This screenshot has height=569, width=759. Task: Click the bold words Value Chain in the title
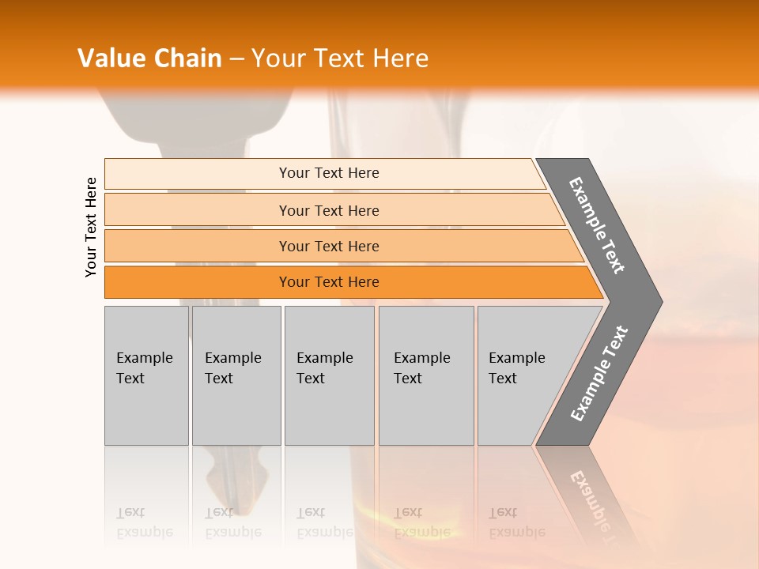pyautogui.click(x=149, y=58)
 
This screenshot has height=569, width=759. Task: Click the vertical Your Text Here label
pyautogui.click(x=91, y=228)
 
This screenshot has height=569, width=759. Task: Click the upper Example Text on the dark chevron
pyautogui.click(x=597, y=225)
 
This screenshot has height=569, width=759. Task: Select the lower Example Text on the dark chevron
pyautogui.click(x=599, y=374)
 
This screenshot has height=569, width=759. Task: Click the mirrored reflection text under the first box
pyautogui.click(x=145, y=522)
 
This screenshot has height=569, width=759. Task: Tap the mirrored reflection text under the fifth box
pyautogui.click(x=516, y=522)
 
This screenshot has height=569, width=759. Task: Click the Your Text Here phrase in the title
pyautogui.click(x=340, y=58)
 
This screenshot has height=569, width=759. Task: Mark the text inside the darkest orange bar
pyautogui.click(x=329, y=282)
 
